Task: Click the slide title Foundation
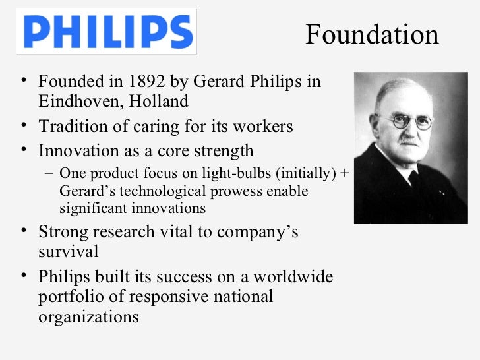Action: pos(372,34)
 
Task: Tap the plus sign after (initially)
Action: pos(346,174)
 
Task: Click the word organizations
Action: pos(89,316)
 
